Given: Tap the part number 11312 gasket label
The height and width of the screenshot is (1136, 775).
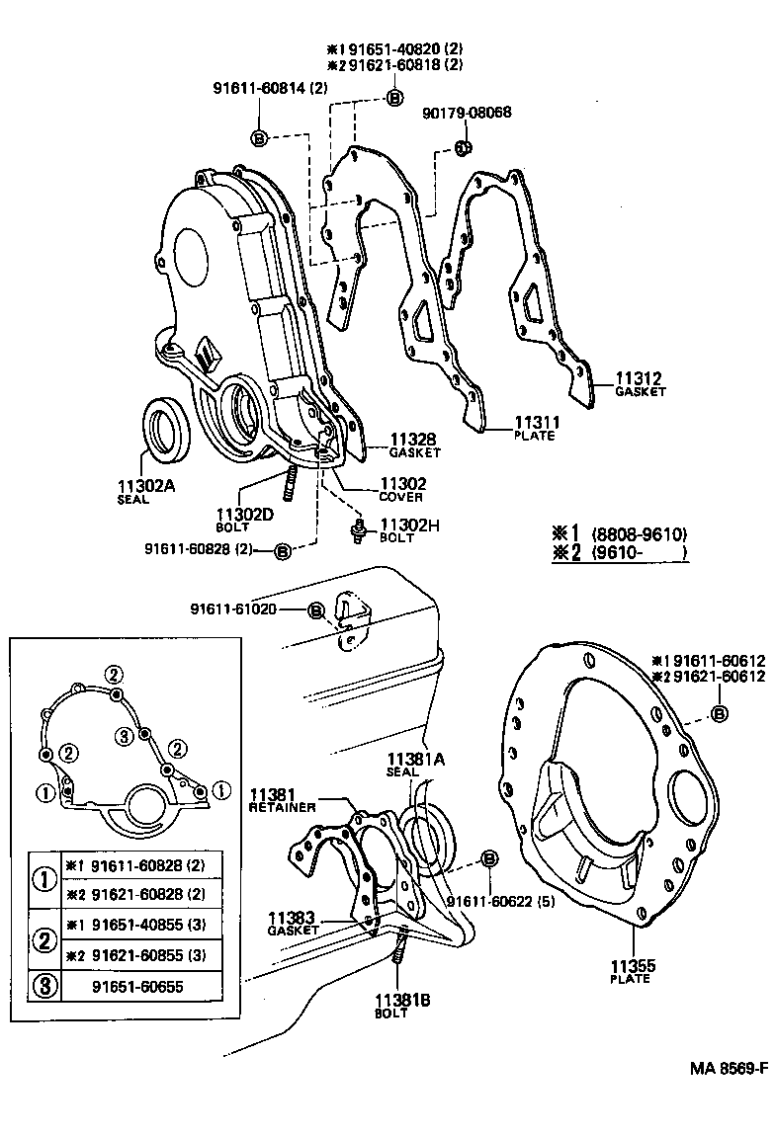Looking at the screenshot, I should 640,379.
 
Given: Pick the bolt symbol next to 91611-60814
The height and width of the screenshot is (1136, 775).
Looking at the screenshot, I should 258,137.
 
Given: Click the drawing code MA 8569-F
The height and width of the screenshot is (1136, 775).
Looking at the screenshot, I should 729,1069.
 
